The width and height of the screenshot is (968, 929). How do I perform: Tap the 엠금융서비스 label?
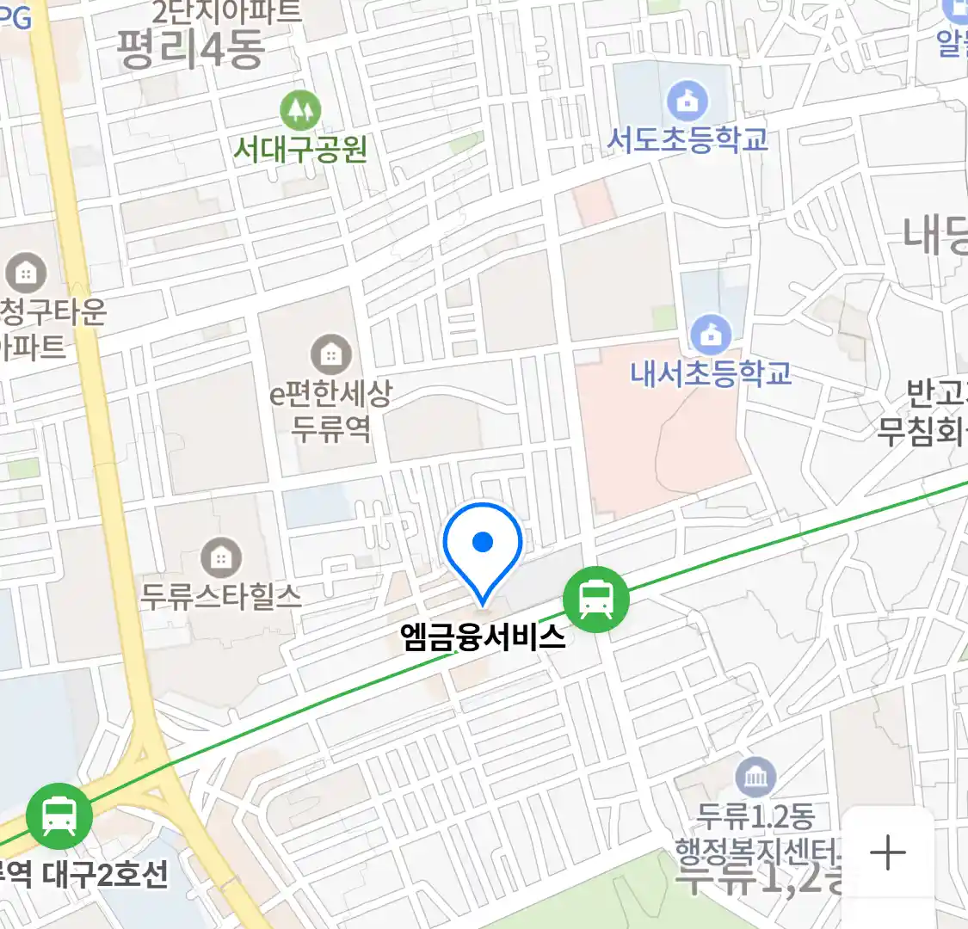click(x=483, y=637)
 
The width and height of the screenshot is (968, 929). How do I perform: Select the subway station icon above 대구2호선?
click(x=59, y=815)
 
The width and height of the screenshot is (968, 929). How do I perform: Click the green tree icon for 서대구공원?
click(x=300, y=110)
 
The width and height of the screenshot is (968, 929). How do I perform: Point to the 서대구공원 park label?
click(x=300, y=150)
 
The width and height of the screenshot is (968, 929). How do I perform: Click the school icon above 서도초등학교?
click(x=687, y=102)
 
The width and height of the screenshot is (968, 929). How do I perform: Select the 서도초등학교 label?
click(x=687, y=139)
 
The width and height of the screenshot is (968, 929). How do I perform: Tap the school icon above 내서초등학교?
click(x=711, y=335)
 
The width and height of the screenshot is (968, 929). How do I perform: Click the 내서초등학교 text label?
click(x=711, y=373)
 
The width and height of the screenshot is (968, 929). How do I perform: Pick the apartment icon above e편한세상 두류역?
click(x=330, y=354)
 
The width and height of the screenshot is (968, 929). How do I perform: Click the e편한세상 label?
click(x=331, y=395)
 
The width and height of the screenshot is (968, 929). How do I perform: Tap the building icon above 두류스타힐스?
click(x=221, y=557)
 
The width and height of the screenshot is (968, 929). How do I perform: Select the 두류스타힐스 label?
click(x=221, y=595)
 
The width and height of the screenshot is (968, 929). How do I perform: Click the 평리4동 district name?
click(x=190, y=48)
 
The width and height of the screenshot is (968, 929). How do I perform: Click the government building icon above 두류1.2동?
click(x=755, y=778)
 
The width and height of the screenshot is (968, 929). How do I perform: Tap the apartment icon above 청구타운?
click(x=26, y=274)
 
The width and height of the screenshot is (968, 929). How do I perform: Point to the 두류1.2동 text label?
click(x=755, y=816)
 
